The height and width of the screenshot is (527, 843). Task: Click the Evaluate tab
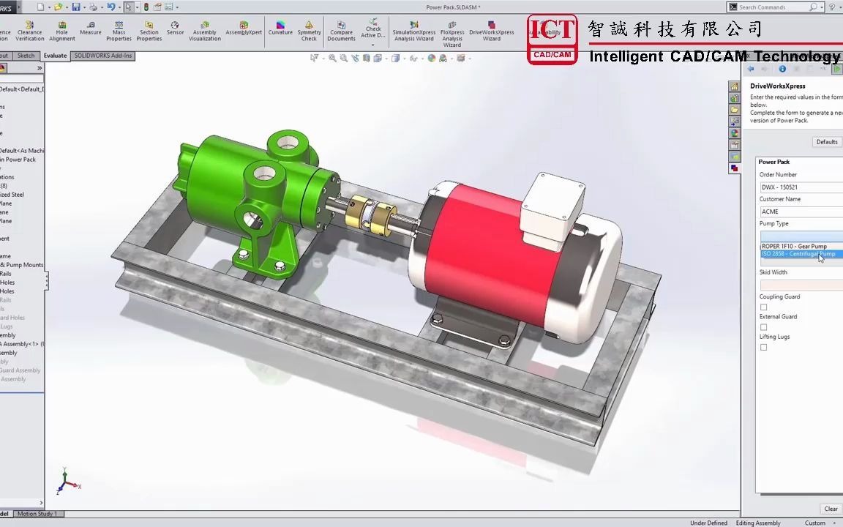[56, 56]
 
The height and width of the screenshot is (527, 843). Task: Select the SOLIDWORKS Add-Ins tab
[103, 56]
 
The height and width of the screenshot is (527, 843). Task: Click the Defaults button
[826, 142]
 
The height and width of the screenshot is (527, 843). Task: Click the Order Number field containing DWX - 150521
[801, 187]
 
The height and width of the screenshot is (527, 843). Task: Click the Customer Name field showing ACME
[801, 212]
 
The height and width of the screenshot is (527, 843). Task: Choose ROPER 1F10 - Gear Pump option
[795, 246]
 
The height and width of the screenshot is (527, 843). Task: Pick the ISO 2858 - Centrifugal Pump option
[798, 254]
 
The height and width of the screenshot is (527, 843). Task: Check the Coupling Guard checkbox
[764, 307]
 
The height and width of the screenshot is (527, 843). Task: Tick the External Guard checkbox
[764, 327]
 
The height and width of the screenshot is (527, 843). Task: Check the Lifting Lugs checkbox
[764, 347]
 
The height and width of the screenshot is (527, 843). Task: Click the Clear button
[831, 509]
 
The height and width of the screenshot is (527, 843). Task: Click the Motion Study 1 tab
[37, 514]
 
